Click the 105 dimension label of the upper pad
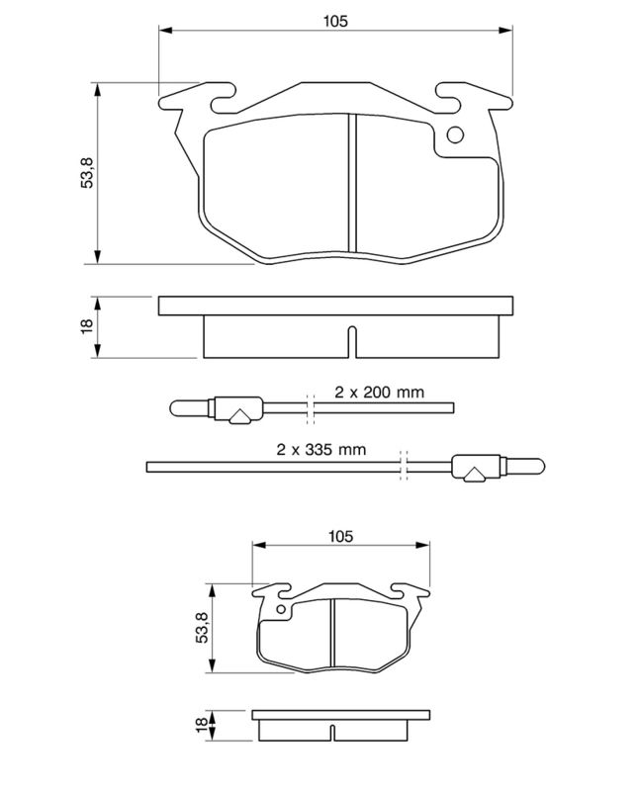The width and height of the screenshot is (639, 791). click(x=335, y=21)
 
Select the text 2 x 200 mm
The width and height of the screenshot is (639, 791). click(x=378, y=392)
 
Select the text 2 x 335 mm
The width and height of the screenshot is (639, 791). click(x=320, y=449)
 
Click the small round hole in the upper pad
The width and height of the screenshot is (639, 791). click(x=455, y=136)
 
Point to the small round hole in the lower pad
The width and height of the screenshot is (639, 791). click(x=281, y=610)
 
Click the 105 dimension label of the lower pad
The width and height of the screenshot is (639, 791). click(x=340, y=536)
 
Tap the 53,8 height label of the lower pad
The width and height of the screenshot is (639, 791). click(x=201, y=628)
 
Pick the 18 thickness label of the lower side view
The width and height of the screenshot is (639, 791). click(x=201, y=725)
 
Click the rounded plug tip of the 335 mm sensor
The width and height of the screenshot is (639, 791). click(x=533, y=465)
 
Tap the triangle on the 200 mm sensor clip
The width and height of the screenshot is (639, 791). click(x=238, y=417)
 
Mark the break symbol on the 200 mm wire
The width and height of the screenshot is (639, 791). click(x=310, y=406)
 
